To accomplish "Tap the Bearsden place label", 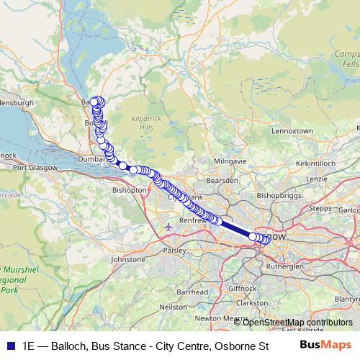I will coord(222,179).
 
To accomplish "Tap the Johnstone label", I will coord(128,258).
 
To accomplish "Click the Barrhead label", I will coord(192,292).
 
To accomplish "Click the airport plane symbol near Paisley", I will coord(168,228).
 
